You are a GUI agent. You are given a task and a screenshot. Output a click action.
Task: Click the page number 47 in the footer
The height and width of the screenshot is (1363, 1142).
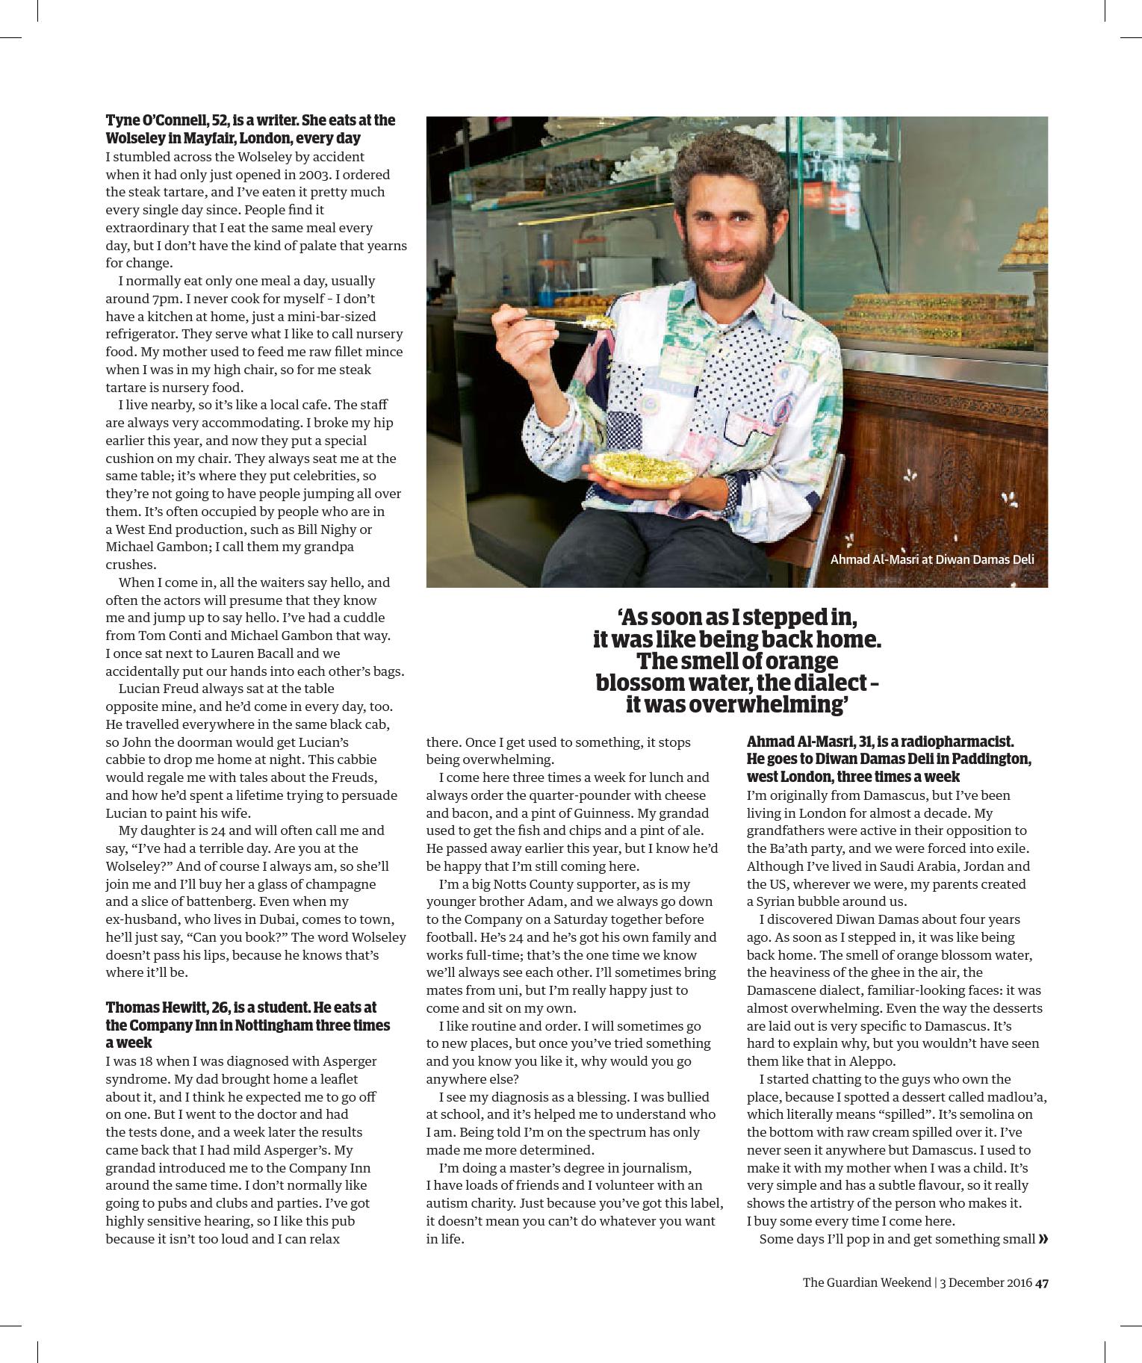(x=1043, y=1282)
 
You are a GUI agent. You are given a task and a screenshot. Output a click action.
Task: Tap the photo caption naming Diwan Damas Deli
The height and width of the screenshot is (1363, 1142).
(x=931, y=559)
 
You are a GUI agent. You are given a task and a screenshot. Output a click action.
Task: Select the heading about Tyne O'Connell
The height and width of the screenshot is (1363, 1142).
(x=250, y=129)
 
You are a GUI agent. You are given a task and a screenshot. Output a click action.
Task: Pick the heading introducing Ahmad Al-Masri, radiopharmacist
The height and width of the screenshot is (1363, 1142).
(x=889, y=759)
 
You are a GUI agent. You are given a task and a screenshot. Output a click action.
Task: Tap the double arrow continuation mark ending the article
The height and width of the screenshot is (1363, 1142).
(x=1043, y=1239)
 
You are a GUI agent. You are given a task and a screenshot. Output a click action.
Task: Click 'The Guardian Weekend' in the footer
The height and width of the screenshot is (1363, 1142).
(x=866, y=1282)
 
